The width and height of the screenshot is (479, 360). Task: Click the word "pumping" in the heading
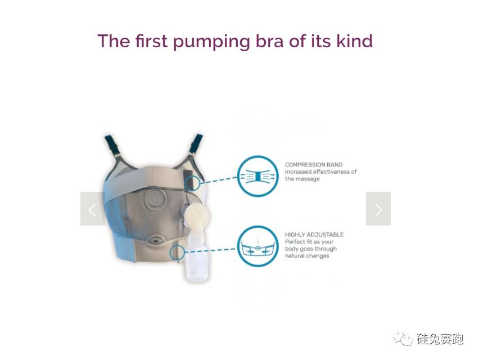pyautogui.click(x=211, y=42)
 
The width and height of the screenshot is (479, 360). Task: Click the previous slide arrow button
pyautogui.click(x=93, y=209)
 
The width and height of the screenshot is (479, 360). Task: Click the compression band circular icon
pyautogui.click(x=258, y=176)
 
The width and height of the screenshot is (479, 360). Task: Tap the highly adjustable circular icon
pyautogui.click(x=258, y=246)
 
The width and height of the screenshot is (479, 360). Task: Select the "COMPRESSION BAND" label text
pyautogui.click(x=314, y=165)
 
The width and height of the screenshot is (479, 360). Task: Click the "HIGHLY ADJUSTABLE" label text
pyautogui.click(x=314, y=235)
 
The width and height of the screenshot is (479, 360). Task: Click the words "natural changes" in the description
pyautogui.click(x=307, y=256)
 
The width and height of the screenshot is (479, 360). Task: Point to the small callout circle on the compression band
pyautogui.click(x=192, y=183)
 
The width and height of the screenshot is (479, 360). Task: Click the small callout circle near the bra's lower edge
pyautogui.click(x=178, y=252)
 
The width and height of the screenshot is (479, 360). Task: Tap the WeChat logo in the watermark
pyautogui.click(x=403, y=337)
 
